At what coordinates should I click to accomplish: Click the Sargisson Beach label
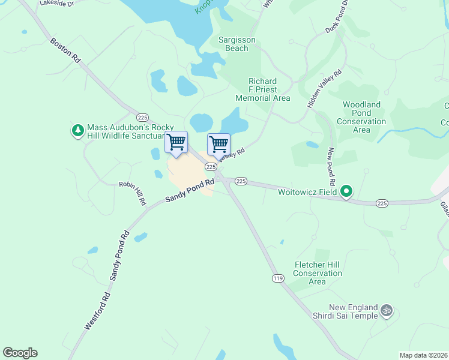point(237,44)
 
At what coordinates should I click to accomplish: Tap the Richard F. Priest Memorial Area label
point(263,89)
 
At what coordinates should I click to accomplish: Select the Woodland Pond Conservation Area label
point(361,117)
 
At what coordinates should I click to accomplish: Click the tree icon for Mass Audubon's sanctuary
point(77,130)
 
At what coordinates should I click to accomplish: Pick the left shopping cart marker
point(176,143)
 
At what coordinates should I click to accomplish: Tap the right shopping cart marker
point(218,145)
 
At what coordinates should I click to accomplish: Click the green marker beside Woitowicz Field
point(346,192)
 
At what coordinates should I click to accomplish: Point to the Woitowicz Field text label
point(306,193)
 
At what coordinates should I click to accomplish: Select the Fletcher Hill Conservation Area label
point(318,273)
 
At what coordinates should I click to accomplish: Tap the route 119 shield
point(277,278)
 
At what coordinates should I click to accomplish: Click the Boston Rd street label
point(64,52)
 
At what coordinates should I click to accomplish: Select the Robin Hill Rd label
point(132,193)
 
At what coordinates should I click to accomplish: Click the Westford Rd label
point(97,310)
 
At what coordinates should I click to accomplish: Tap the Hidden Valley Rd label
point(324,89)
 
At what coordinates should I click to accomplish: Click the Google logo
point(20,353)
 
